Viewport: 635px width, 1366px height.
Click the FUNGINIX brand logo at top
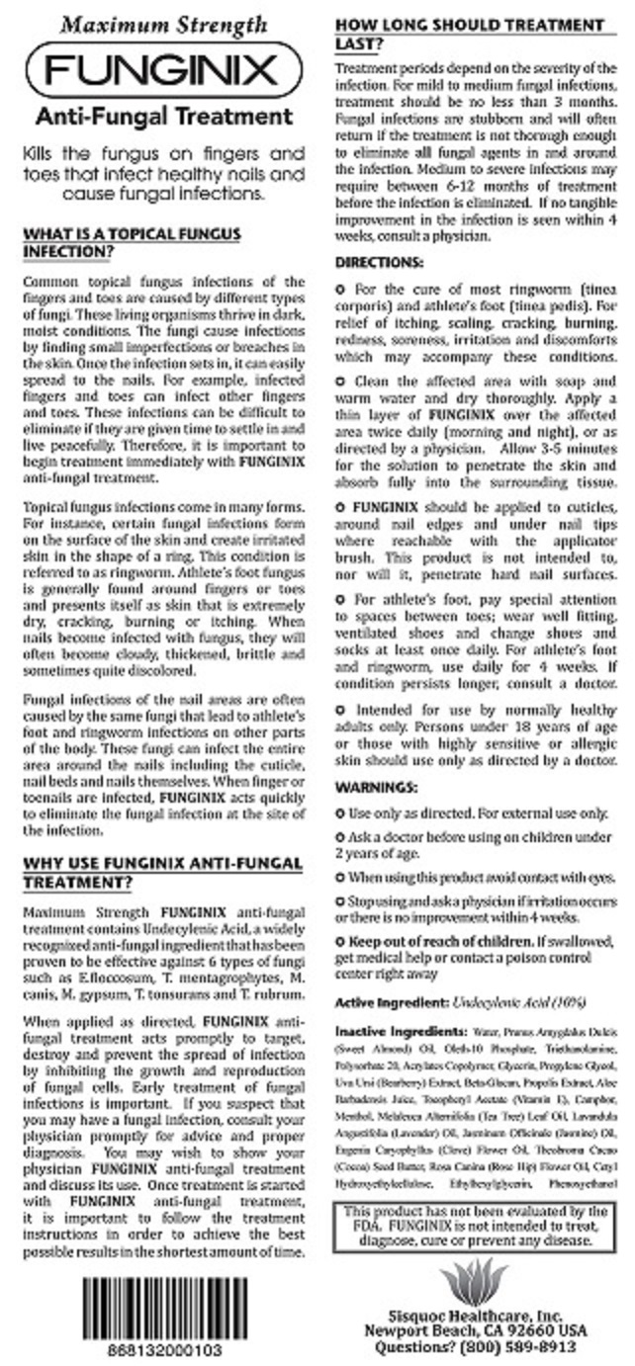tap(163, 69)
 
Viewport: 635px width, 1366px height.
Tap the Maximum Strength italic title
tap(163, 25)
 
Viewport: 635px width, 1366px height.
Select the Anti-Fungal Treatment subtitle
tap(163, 117)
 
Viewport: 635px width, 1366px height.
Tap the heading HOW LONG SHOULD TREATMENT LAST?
tap(469, 34)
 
